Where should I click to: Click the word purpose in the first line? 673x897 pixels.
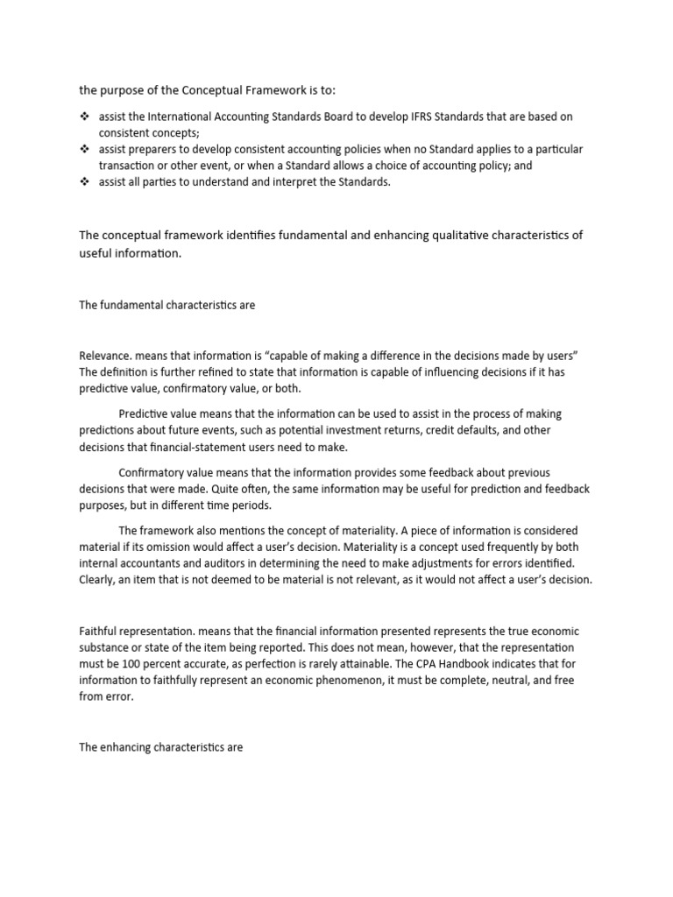(x=123, y=89)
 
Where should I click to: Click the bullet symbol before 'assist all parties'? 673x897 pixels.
(x=84, y=182)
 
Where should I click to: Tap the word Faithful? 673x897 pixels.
(x=96, y=632)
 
